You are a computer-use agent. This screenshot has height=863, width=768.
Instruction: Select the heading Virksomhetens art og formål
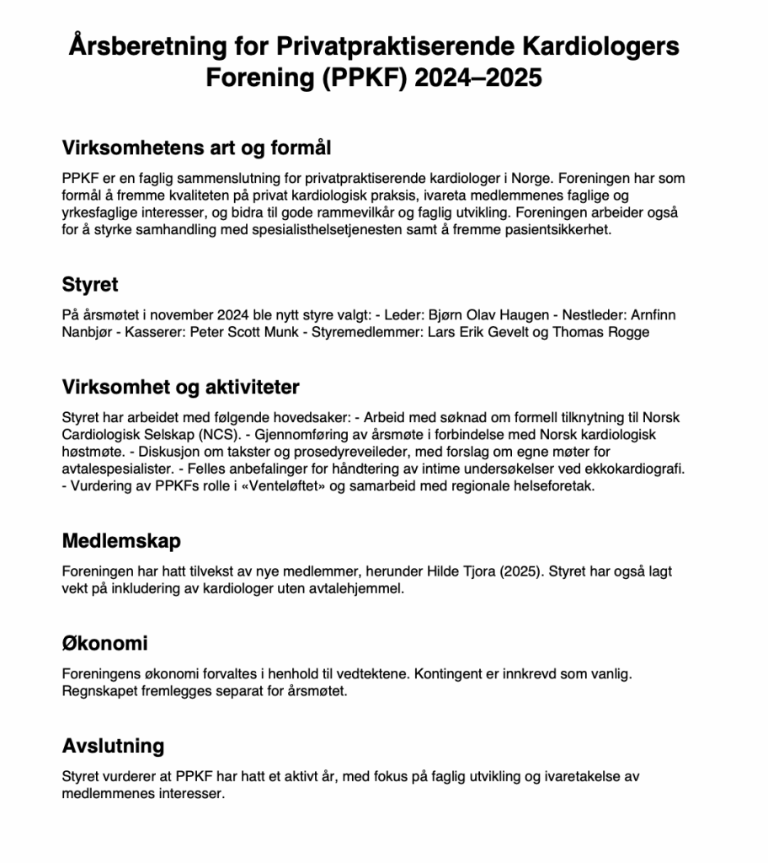197,148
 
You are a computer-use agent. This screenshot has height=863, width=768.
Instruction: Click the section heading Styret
90,285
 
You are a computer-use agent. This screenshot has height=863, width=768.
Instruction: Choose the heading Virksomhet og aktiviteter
181,387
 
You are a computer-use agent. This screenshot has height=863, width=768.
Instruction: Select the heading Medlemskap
121,540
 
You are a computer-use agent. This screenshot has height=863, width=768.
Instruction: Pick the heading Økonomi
105,644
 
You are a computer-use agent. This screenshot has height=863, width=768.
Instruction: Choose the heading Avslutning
114,747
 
